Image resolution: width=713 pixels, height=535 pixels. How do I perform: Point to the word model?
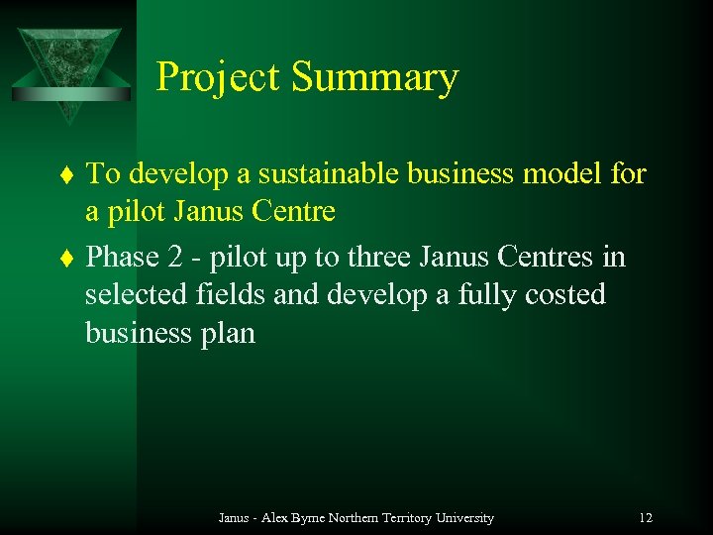[x=562, y=174]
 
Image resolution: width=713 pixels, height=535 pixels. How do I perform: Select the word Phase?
[x=123, y=257]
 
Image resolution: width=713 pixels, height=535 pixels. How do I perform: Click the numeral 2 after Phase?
[x=176, y=257]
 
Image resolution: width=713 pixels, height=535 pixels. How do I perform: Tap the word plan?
[x=229, y=334]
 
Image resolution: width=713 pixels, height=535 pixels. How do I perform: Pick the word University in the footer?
[x=465, y=518]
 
